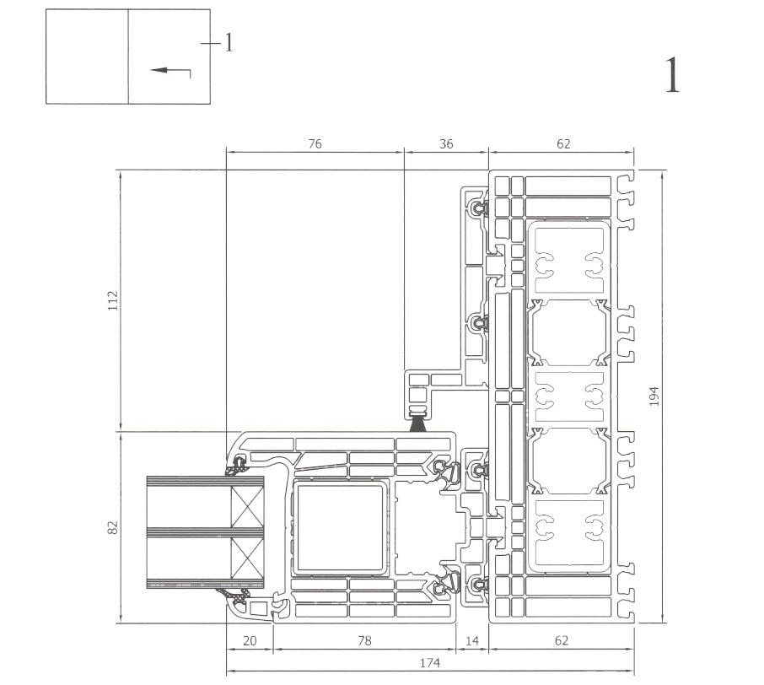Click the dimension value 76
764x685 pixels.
point(315,144)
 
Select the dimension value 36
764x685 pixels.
point(446,144)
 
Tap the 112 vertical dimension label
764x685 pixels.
point(113,299)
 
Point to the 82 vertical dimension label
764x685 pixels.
point(113,526)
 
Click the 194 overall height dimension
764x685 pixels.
point(654,396)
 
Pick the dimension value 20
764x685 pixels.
point(250,641)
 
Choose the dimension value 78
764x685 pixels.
point(364,641)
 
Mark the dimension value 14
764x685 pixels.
point(472,641)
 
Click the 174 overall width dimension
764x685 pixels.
point(430,663)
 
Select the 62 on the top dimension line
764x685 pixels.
point(562,144)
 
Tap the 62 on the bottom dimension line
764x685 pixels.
point(562,641)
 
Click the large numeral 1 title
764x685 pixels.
point(672,76)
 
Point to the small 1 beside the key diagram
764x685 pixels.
point(228,43)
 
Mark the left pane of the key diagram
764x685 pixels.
point(87,57)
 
